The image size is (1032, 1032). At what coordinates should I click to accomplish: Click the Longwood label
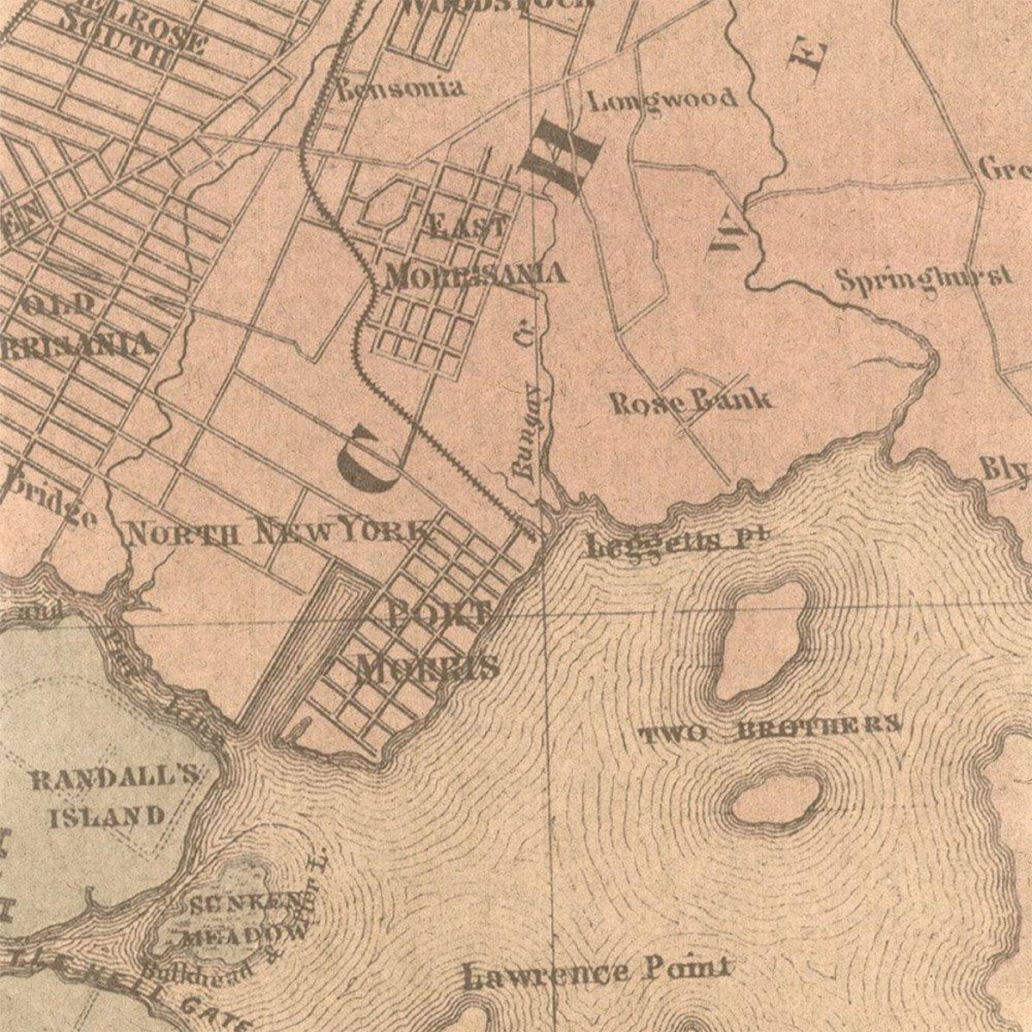click(x=663, y=100)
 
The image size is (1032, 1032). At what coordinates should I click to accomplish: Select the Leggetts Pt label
click(x=679, y=543)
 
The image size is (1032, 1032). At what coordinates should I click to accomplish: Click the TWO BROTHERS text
click(x=771, y=732)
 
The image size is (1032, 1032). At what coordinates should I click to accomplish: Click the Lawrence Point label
click(x=599, y=974)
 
